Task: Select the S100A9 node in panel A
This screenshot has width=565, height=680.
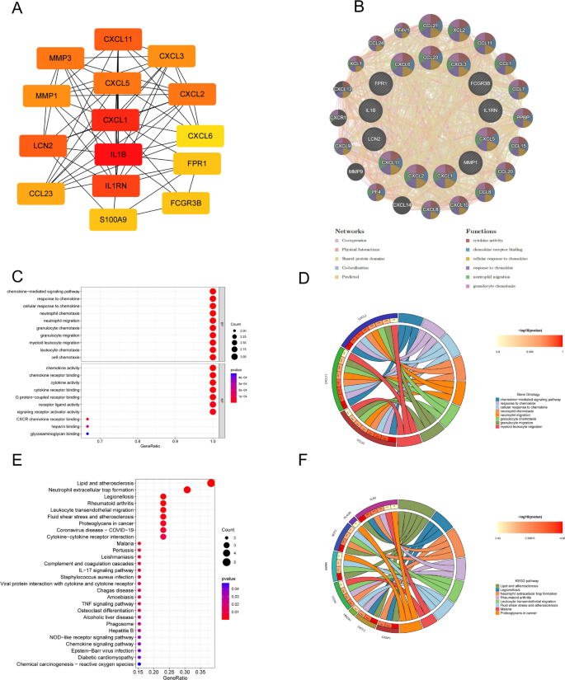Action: click(x=113, y=219)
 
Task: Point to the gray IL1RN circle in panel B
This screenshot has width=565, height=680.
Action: click(x=492, y=108)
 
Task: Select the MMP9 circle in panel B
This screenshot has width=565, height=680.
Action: click(x=355, y=172)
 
